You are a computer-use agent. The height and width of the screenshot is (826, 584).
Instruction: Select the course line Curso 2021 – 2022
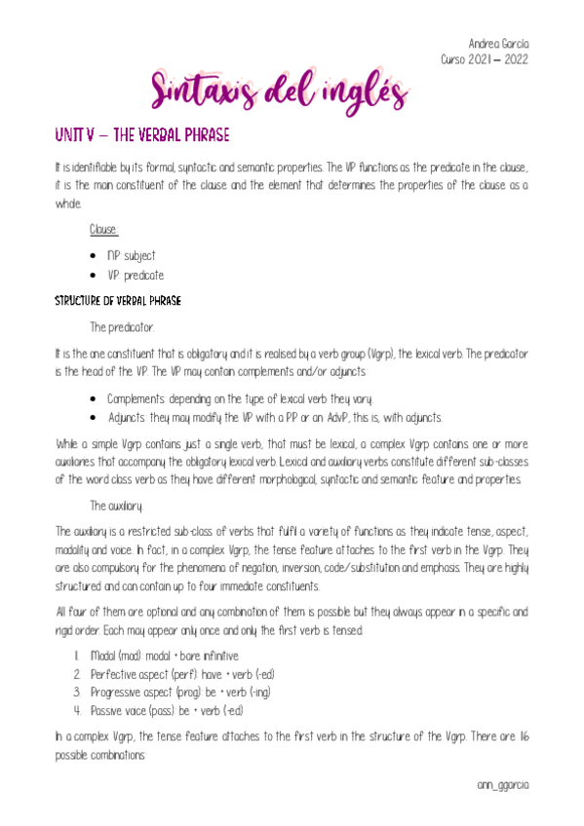point(484,58)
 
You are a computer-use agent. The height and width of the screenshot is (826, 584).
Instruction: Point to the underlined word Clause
point(103,230)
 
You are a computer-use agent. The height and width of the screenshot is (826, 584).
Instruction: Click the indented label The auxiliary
point(117,506)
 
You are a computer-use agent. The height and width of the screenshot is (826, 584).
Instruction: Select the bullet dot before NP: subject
point(91,255)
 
